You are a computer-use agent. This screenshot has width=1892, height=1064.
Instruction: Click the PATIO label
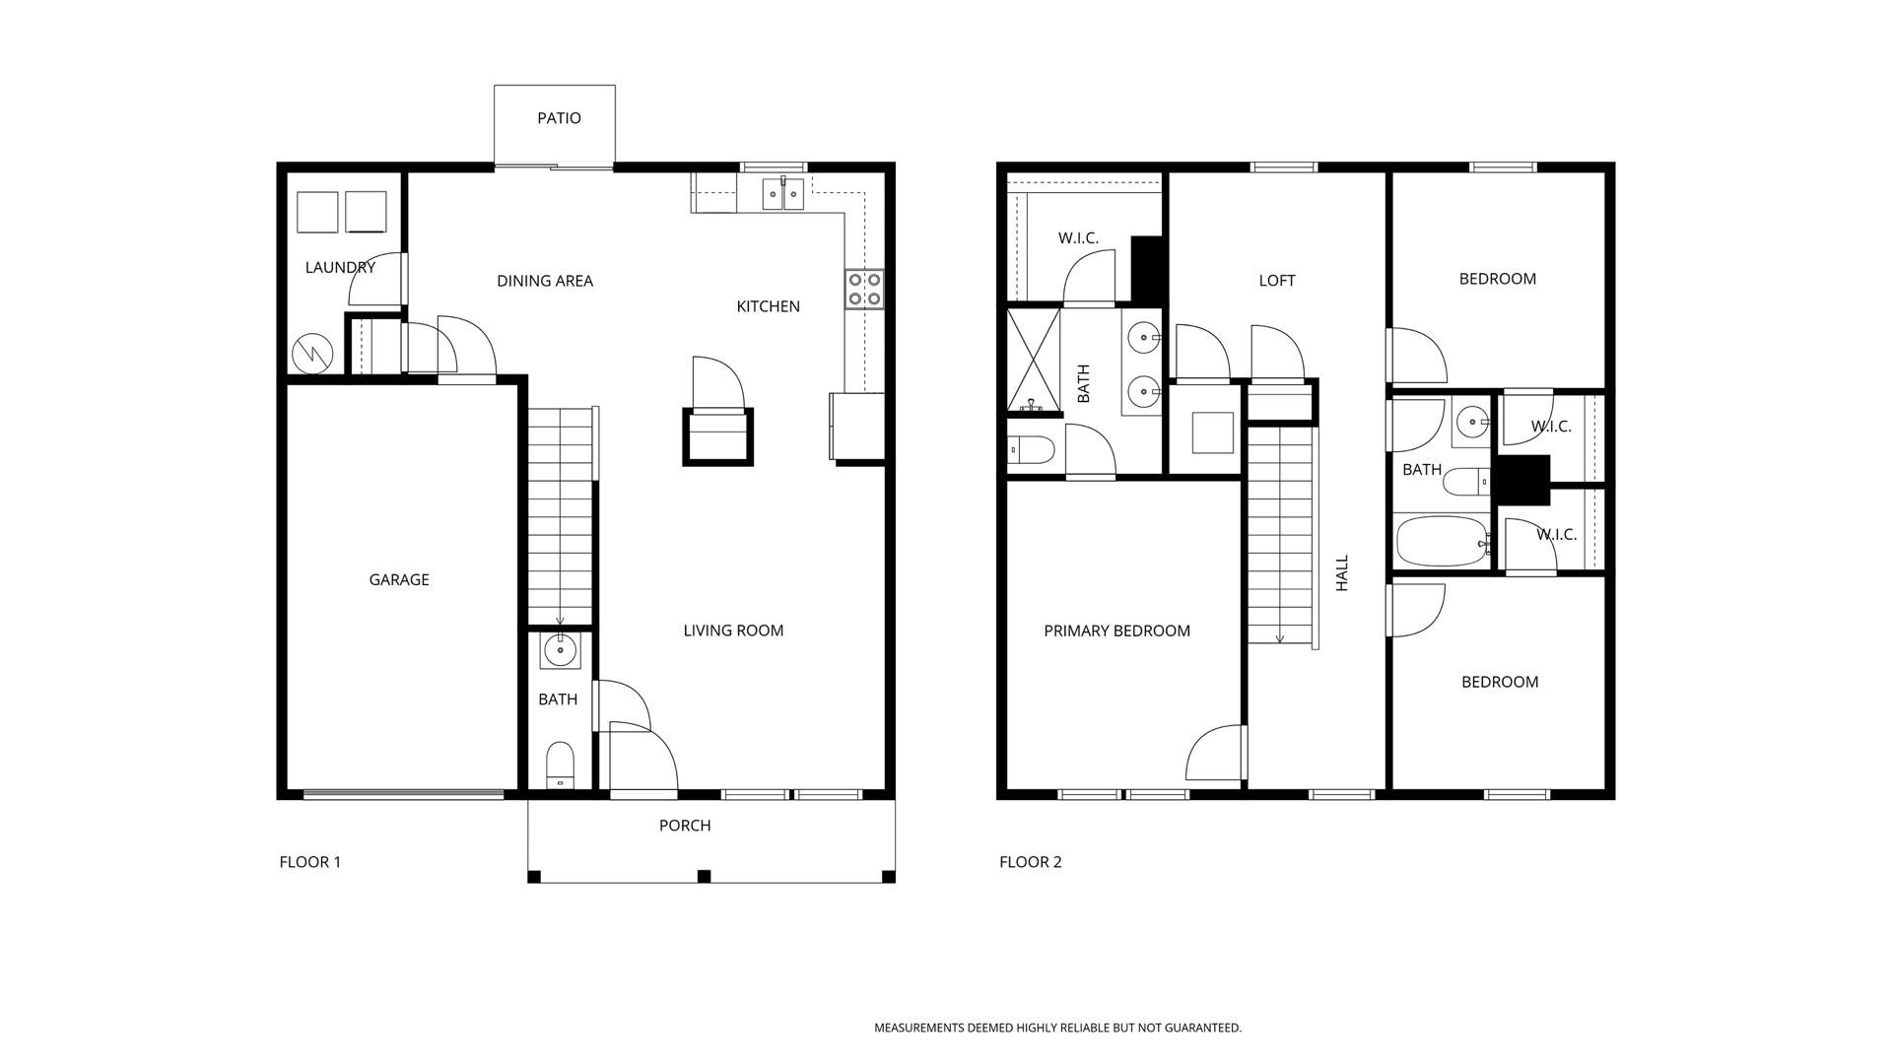pyautogui.click(x=559, y=118)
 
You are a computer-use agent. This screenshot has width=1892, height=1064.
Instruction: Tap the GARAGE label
pyautogui.click(x=399, y=580)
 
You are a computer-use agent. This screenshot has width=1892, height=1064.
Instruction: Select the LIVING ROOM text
pyautogui.click(x=733, y=631)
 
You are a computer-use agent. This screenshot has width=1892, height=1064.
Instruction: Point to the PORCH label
pyautogui.click(x=685, y=826)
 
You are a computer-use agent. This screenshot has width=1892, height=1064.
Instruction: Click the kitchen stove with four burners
pyautogui.click(x=864, y=289)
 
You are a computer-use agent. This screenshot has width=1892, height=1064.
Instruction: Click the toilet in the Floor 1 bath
pyautogui.click(x=560, y=765)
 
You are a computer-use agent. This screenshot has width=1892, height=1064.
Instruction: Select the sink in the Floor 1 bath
pyautogui.click(x=560, y=650)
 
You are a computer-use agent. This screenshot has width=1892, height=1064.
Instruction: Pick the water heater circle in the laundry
pyautogui.click(x=312, y=353)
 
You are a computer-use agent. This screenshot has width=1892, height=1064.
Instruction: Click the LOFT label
pyautogui.click(x=1277, y=281)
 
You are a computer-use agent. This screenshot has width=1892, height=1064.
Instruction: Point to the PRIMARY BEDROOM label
pyautogui.click(x=1117, y=631)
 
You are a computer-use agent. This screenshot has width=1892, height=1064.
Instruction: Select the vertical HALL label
pyautogui.click(x=1341, y=573)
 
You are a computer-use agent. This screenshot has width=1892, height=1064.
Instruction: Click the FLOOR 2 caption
pyautogui.click(x=1031, y=862)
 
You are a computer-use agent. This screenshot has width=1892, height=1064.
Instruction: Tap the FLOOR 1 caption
pyautogui.click(x=310, y=862)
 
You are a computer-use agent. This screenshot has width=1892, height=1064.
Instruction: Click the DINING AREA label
pyautogui.click(x=545, y=281)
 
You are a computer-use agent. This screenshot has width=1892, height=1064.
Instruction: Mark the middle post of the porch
pyautogui.click(x=704, y=876)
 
